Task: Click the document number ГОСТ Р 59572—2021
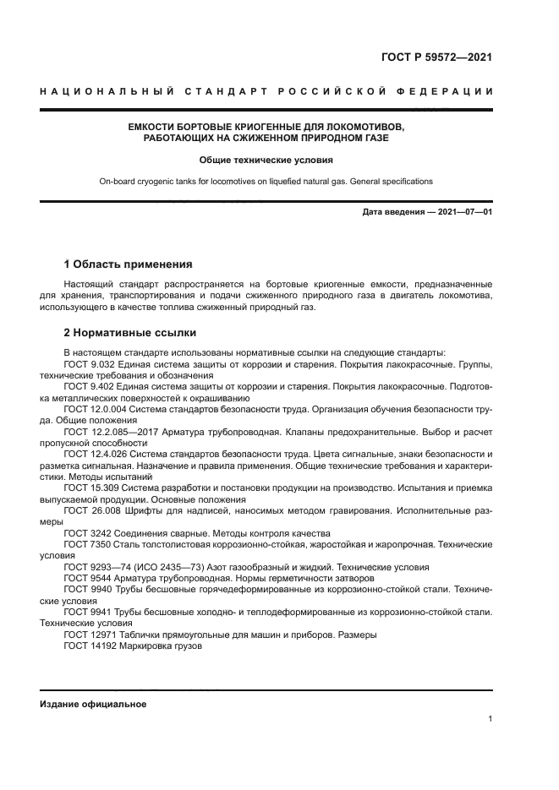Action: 432,58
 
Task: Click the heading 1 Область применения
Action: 129,264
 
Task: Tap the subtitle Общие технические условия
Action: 266,160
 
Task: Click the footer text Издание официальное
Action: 93,704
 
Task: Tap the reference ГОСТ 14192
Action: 89,646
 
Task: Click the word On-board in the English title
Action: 118,182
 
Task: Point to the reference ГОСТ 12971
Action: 89,635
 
